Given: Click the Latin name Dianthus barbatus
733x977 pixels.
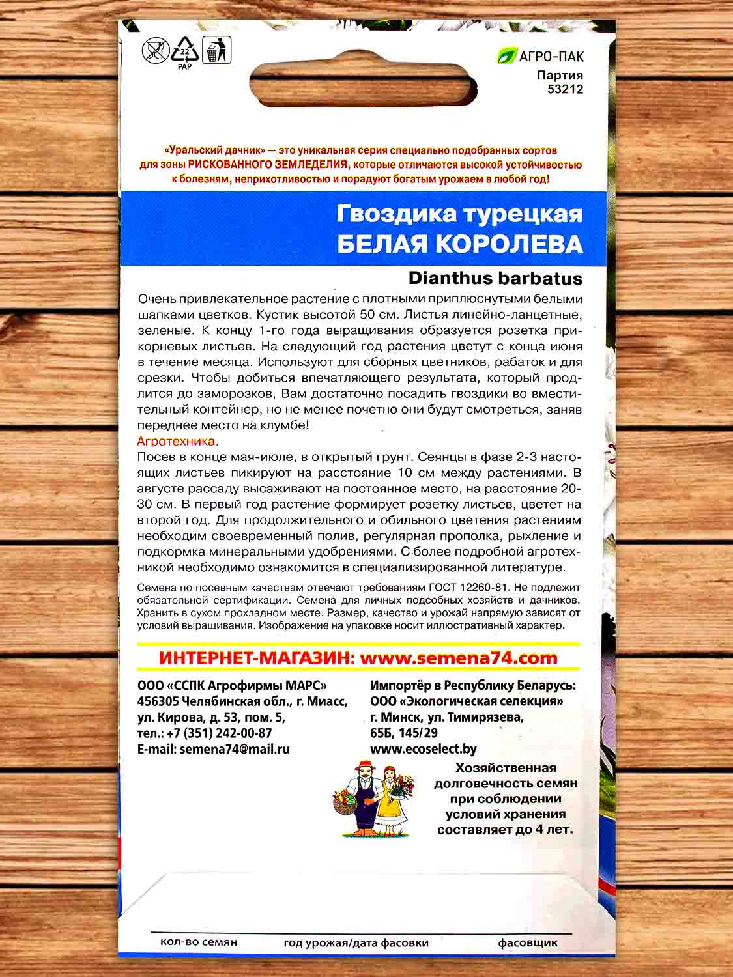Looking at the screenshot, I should [495, 278].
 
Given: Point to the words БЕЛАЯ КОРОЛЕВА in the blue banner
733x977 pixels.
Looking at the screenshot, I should [459, 244].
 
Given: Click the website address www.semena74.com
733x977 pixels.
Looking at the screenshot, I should [459, 658].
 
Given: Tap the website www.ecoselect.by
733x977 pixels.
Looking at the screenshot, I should [423, 749].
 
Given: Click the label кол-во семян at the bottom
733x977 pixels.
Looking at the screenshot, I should [198, 942].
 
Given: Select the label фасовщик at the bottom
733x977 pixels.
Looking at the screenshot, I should [528, 942].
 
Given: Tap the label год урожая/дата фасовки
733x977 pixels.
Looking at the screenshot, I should [356, 942].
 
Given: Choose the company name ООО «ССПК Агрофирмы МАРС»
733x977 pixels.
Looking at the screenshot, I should [233, 686].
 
